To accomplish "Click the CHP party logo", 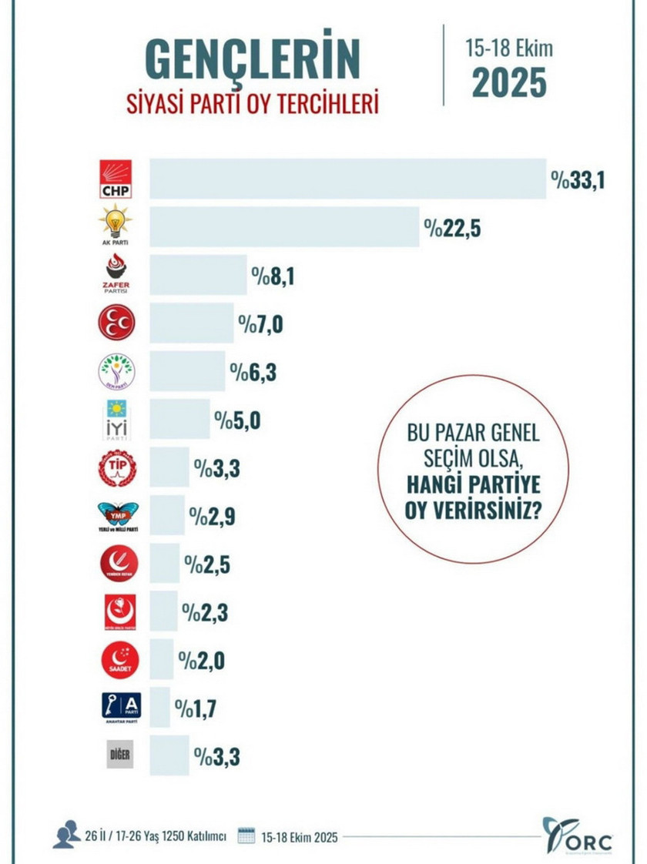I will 116,179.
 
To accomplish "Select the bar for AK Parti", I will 284,226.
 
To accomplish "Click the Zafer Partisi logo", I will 116,273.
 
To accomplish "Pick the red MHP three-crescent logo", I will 116,323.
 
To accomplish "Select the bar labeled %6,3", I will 187,371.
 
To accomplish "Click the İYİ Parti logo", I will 116,419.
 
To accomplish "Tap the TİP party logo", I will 116,467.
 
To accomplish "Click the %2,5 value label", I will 207,564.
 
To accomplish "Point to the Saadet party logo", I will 116,659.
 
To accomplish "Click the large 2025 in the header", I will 509,83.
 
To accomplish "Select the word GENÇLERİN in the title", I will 253,59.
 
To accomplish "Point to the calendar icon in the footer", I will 246,836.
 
